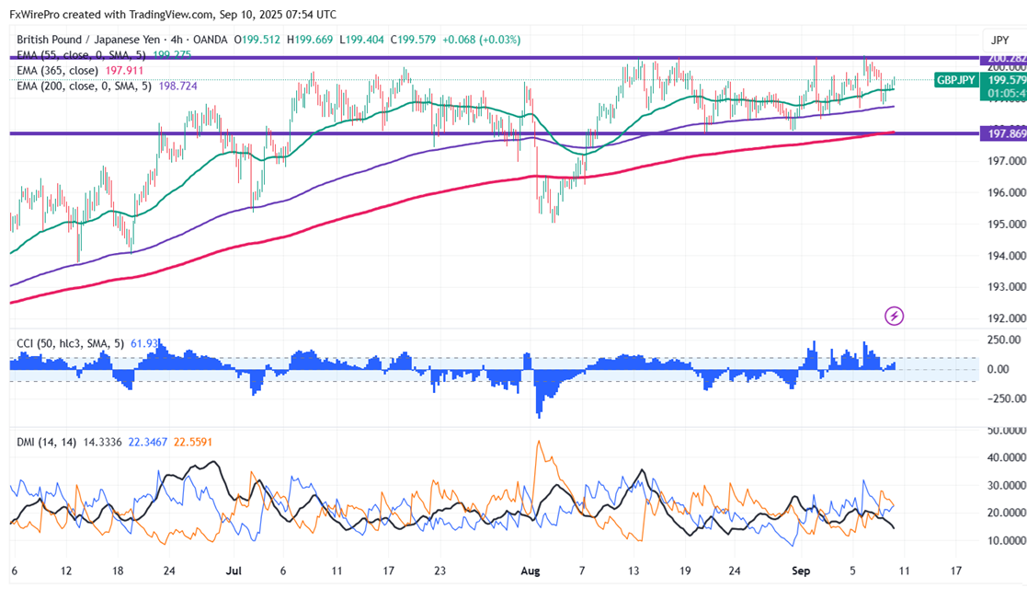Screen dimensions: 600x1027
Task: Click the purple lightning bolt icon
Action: coord(894,317)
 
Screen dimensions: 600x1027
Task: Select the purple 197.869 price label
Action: coord(1005,134)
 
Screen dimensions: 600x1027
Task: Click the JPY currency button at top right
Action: coord(998,40)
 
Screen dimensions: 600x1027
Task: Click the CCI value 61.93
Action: coord(134,344)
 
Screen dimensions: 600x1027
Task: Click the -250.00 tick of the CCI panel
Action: coord(1004,398)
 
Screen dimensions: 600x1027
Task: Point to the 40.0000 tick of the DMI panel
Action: coord(1004,457)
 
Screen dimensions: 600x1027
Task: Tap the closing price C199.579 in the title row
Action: coord(414,40)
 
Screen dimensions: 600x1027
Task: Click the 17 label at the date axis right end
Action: coord(956,571)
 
